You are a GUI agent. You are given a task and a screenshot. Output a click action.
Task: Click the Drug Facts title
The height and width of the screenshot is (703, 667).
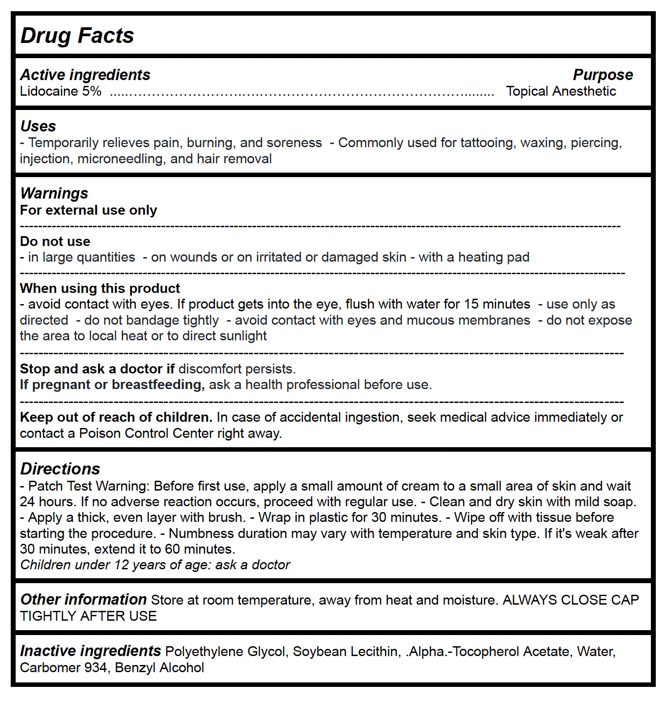tap(77, 35)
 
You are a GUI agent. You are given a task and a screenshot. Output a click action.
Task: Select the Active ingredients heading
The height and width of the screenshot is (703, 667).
tap(85, 75)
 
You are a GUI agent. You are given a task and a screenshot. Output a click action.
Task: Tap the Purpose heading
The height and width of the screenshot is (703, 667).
tap(603, 75)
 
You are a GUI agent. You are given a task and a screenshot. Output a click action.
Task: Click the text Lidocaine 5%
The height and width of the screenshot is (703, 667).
tap(60, 91)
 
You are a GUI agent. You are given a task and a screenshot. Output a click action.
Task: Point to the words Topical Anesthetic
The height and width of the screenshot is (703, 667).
tap(561, 91)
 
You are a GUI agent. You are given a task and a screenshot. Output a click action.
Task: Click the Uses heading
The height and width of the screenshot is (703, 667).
tap(38, 126)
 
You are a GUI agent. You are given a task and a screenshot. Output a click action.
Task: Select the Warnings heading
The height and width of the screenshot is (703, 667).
tap(54, 193)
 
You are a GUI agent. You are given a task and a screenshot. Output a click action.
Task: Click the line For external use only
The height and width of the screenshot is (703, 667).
tap(89, 210)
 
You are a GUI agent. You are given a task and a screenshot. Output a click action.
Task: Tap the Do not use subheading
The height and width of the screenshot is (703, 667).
tap(55, 241)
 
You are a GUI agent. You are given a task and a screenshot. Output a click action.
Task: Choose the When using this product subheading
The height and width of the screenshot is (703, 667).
tap(100, 288)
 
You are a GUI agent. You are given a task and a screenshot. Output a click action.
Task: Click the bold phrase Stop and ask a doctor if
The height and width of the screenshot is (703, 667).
tap(97, 369)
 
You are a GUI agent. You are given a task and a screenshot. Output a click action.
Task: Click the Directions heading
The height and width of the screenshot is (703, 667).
tap(60, 469)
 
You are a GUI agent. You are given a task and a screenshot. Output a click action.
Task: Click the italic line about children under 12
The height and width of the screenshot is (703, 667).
tap(155, 565)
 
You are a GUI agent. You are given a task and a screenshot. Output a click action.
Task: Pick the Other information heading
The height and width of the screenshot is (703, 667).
tap(83, 600)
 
